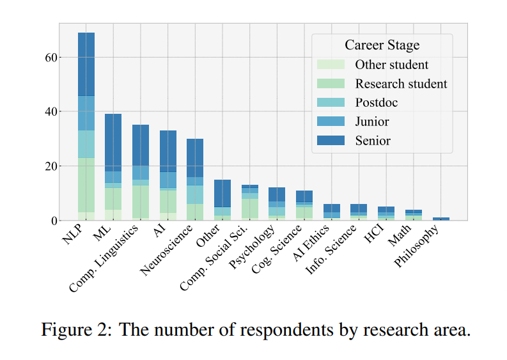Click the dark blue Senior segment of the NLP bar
pyautogui.click(x=86, y=64)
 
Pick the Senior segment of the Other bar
pyautogui.click(x=222, y=193)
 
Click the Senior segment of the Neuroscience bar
pyautogui.click(x=195, y=158)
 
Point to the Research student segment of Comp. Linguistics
pyautogui.click(x=141, y=201)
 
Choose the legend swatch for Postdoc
pyautogui.click(x=331, y=103)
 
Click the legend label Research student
pyautogui.click(x=401, y=84)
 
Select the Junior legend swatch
pyautogui.click(x=331, y=121)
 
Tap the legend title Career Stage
pyautogui.click(x=382, y=45)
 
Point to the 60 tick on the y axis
pyautogui.click(x=51, y=58)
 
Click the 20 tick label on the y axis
pyautogui.click(x=51, y=166)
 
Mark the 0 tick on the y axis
pyautogui.click(x=55, y=221)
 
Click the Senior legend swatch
pyautogui.click(x=331, y=140)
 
